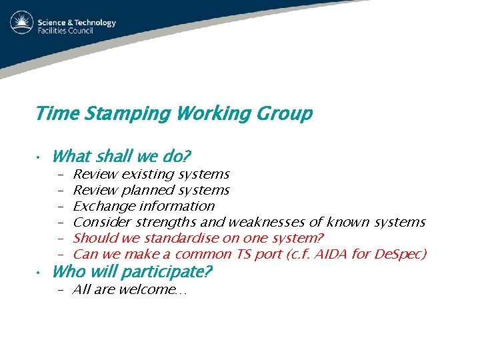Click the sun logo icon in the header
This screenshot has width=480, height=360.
(x=22, y=23)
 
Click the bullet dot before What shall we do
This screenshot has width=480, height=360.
(x=41, y=157)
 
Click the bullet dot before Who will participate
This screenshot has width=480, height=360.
(x=41, y=273)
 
